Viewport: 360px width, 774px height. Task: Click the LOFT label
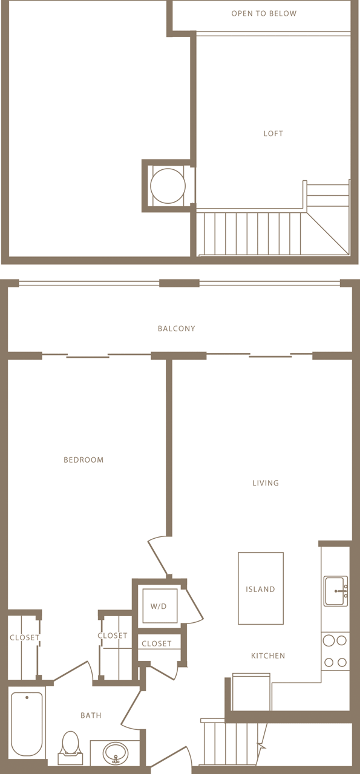point(273,134)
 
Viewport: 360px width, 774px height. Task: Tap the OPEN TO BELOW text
point(264,13)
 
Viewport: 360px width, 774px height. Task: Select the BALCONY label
point(176,329)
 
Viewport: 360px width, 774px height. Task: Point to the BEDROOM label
point(83,460)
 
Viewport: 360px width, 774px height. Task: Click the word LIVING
point(266,483)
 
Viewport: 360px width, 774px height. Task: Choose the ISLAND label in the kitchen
point(260,590)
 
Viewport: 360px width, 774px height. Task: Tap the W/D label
point(159,606)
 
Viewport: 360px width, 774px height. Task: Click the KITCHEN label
point(268,656)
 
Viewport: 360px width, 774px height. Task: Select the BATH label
point(91,716)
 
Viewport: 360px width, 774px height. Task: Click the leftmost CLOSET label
point(24,638)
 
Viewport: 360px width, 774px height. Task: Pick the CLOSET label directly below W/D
point(157,644)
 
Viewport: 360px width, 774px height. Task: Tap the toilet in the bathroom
point(71,747)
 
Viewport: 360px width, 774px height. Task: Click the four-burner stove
point(335,651)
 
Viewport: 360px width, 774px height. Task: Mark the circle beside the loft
point(168,186)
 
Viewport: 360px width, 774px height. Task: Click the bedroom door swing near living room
point(157,553)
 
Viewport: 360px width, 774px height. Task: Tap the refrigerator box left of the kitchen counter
point(251,692)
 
